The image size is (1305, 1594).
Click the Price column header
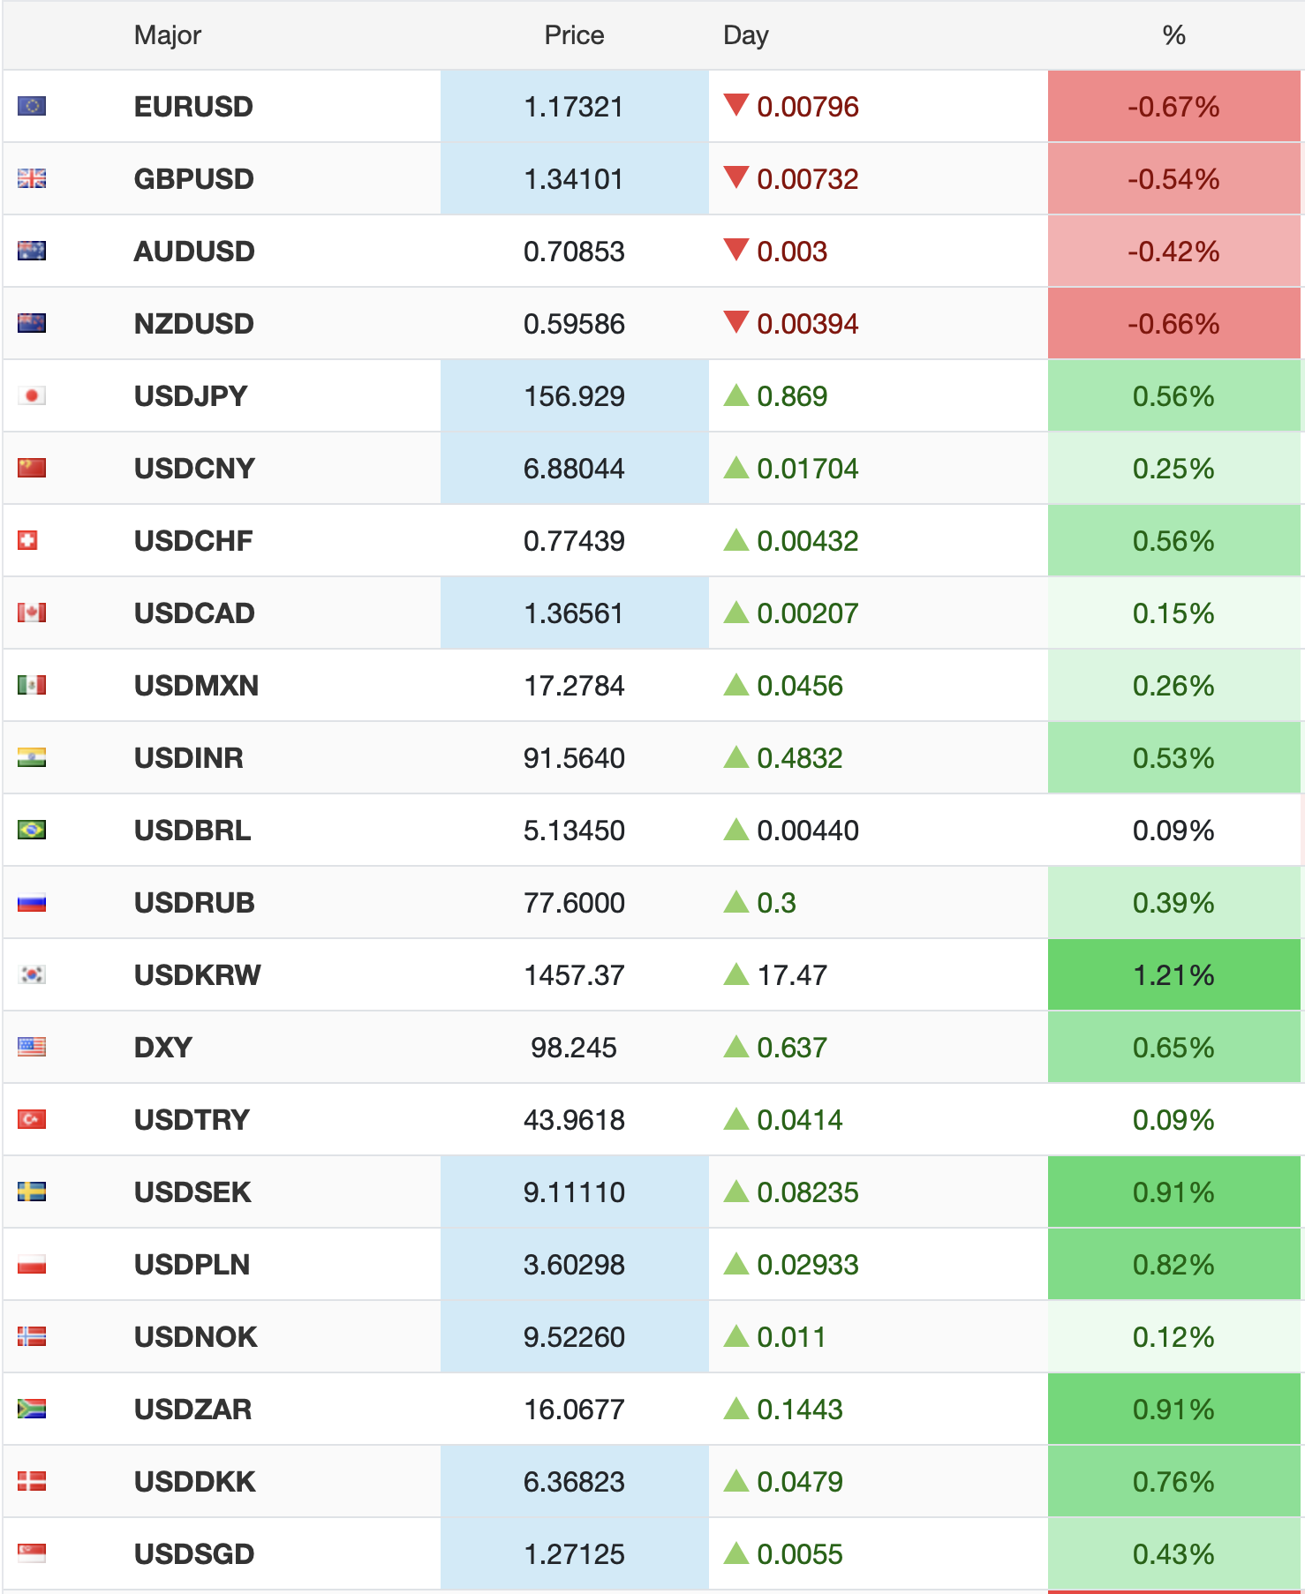coord(574,35)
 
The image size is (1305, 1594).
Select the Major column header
coord(168,35)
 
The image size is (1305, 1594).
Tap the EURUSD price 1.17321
coord(574,107)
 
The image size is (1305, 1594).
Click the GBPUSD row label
coord(194,179)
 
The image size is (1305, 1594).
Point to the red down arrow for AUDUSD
coord(735,250)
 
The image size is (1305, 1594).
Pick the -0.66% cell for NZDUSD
coord(1173,324)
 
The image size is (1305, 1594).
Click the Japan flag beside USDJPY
coord(32,395)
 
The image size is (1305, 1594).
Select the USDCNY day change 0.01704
coord(807,469)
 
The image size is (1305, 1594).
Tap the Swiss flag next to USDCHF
coord(28,540)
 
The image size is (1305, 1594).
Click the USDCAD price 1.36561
coord(574,613)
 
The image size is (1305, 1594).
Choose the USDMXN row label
coord(196,686)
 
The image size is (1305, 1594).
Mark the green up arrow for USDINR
coord(735,757)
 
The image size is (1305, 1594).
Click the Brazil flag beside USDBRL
coord(32,830)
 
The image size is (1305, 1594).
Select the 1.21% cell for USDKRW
coord(1173,975)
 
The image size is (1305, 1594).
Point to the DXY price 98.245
coord(574,1048)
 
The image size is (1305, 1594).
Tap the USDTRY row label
coord(192,1120)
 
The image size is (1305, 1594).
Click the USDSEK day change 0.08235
coord(807,1192)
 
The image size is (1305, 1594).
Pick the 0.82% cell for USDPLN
coord(1173,1265)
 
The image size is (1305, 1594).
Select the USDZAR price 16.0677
coord(574,1410)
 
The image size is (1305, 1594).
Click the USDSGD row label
coord(194,1554)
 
